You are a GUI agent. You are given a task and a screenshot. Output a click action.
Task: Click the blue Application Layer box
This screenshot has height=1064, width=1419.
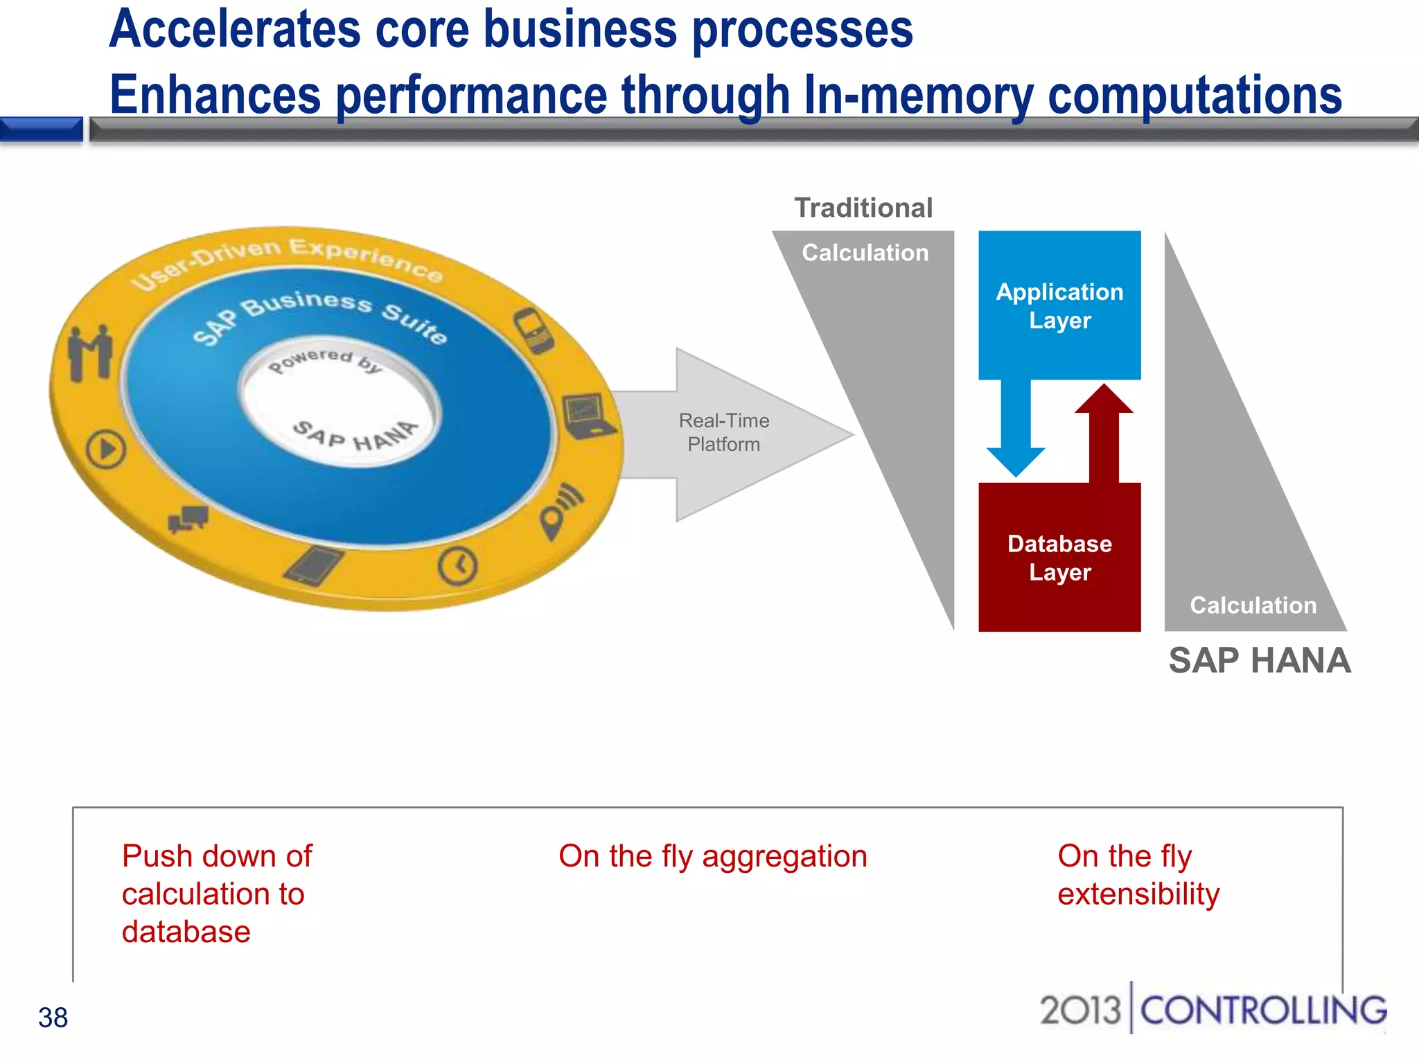tap(1059, 305)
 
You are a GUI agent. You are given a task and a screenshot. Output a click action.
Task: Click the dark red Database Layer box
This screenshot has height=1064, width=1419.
tap(1059, 557)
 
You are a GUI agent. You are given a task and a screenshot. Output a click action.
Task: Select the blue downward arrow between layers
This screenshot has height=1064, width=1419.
tap(1016, 429)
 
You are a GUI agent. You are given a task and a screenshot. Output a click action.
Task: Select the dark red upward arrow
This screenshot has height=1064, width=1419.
tap(1104, 433)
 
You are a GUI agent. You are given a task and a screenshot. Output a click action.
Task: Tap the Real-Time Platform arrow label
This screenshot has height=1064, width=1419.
tap(723, 432)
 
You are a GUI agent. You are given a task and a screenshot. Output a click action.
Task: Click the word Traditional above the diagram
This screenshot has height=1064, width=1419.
tap(863, 208)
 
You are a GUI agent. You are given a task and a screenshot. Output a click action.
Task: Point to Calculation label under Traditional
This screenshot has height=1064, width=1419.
tap(865, 253)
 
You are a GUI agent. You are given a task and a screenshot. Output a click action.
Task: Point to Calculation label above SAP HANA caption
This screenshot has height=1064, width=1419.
tap(1253, 605)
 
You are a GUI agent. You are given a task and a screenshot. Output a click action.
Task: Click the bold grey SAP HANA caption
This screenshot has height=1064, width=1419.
tap(1259, 660)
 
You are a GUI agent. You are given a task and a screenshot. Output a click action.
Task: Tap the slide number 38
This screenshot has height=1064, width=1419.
tap(53, 1018)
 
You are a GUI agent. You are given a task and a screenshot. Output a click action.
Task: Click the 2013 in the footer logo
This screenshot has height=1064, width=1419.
tap(1079, 1010)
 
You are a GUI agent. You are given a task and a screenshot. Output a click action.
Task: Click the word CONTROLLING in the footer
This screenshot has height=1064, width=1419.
tap(1263, 1011)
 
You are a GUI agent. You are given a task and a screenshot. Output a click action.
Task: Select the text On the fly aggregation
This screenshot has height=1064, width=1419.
tap(712, 856)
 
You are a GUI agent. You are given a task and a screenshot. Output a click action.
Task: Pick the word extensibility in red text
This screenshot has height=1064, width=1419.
tap(1138, 894)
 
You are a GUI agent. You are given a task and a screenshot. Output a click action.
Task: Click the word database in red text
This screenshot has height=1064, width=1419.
tap(186, 932)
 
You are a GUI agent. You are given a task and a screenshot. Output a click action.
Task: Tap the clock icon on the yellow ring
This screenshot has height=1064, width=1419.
tap(457, 565)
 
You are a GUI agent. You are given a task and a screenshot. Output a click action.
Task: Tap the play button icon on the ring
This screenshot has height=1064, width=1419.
tap(106, 449)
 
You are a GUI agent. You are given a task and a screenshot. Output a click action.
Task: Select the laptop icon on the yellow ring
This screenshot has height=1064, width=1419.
tap(586, 416)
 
